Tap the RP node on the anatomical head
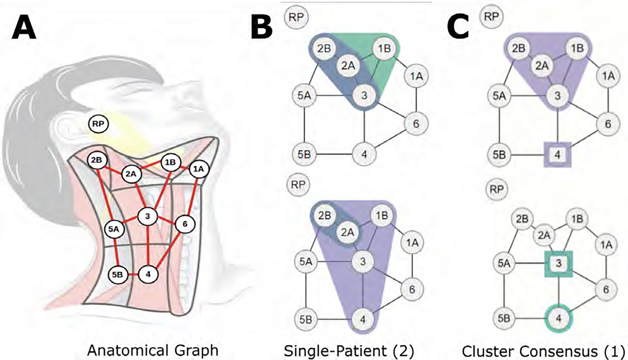tap(98, 124)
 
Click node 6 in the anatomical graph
tap(185, 224)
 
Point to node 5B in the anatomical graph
tap(118, 275)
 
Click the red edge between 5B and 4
tap(133, 275)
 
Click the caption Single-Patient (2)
tap(349, 351)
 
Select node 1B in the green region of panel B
tap(384, 49)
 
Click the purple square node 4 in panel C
tap(557, 154)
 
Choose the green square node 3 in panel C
tap(559, 263)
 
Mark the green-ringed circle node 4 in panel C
tap(559, 318)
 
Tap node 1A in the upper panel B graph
tap(416, 77)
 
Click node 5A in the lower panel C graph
tap(504, 263)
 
